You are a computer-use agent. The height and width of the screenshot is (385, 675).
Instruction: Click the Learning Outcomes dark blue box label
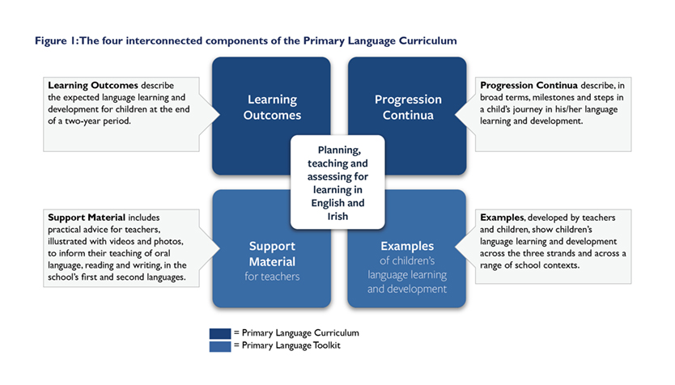click(272, 107)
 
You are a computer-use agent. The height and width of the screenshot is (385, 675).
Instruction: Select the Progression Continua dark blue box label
click(408, 107)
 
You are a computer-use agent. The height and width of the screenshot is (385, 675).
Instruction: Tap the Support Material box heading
click(272, 254)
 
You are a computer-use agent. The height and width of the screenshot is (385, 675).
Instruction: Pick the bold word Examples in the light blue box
click(407, 246)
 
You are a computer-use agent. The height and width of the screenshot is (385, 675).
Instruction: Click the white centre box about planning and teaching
click(337, 182)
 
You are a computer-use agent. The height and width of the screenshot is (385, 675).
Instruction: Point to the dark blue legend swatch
click(220, 333)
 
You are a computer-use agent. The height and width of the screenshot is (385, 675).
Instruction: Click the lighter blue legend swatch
click(220, 346)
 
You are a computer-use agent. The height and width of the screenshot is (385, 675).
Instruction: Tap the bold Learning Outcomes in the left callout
click(93, 85)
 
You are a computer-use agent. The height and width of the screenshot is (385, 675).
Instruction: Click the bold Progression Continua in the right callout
click(529, 85)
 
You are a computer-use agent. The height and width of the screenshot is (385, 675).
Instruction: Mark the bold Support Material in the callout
click(87, 218)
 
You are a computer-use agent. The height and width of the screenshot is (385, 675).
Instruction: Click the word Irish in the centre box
click(337, 216)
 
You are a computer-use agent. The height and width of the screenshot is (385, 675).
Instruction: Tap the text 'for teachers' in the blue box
click(272, 276)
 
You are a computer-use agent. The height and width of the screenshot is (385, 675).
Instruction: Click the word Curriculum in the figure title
click(427, 41)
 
